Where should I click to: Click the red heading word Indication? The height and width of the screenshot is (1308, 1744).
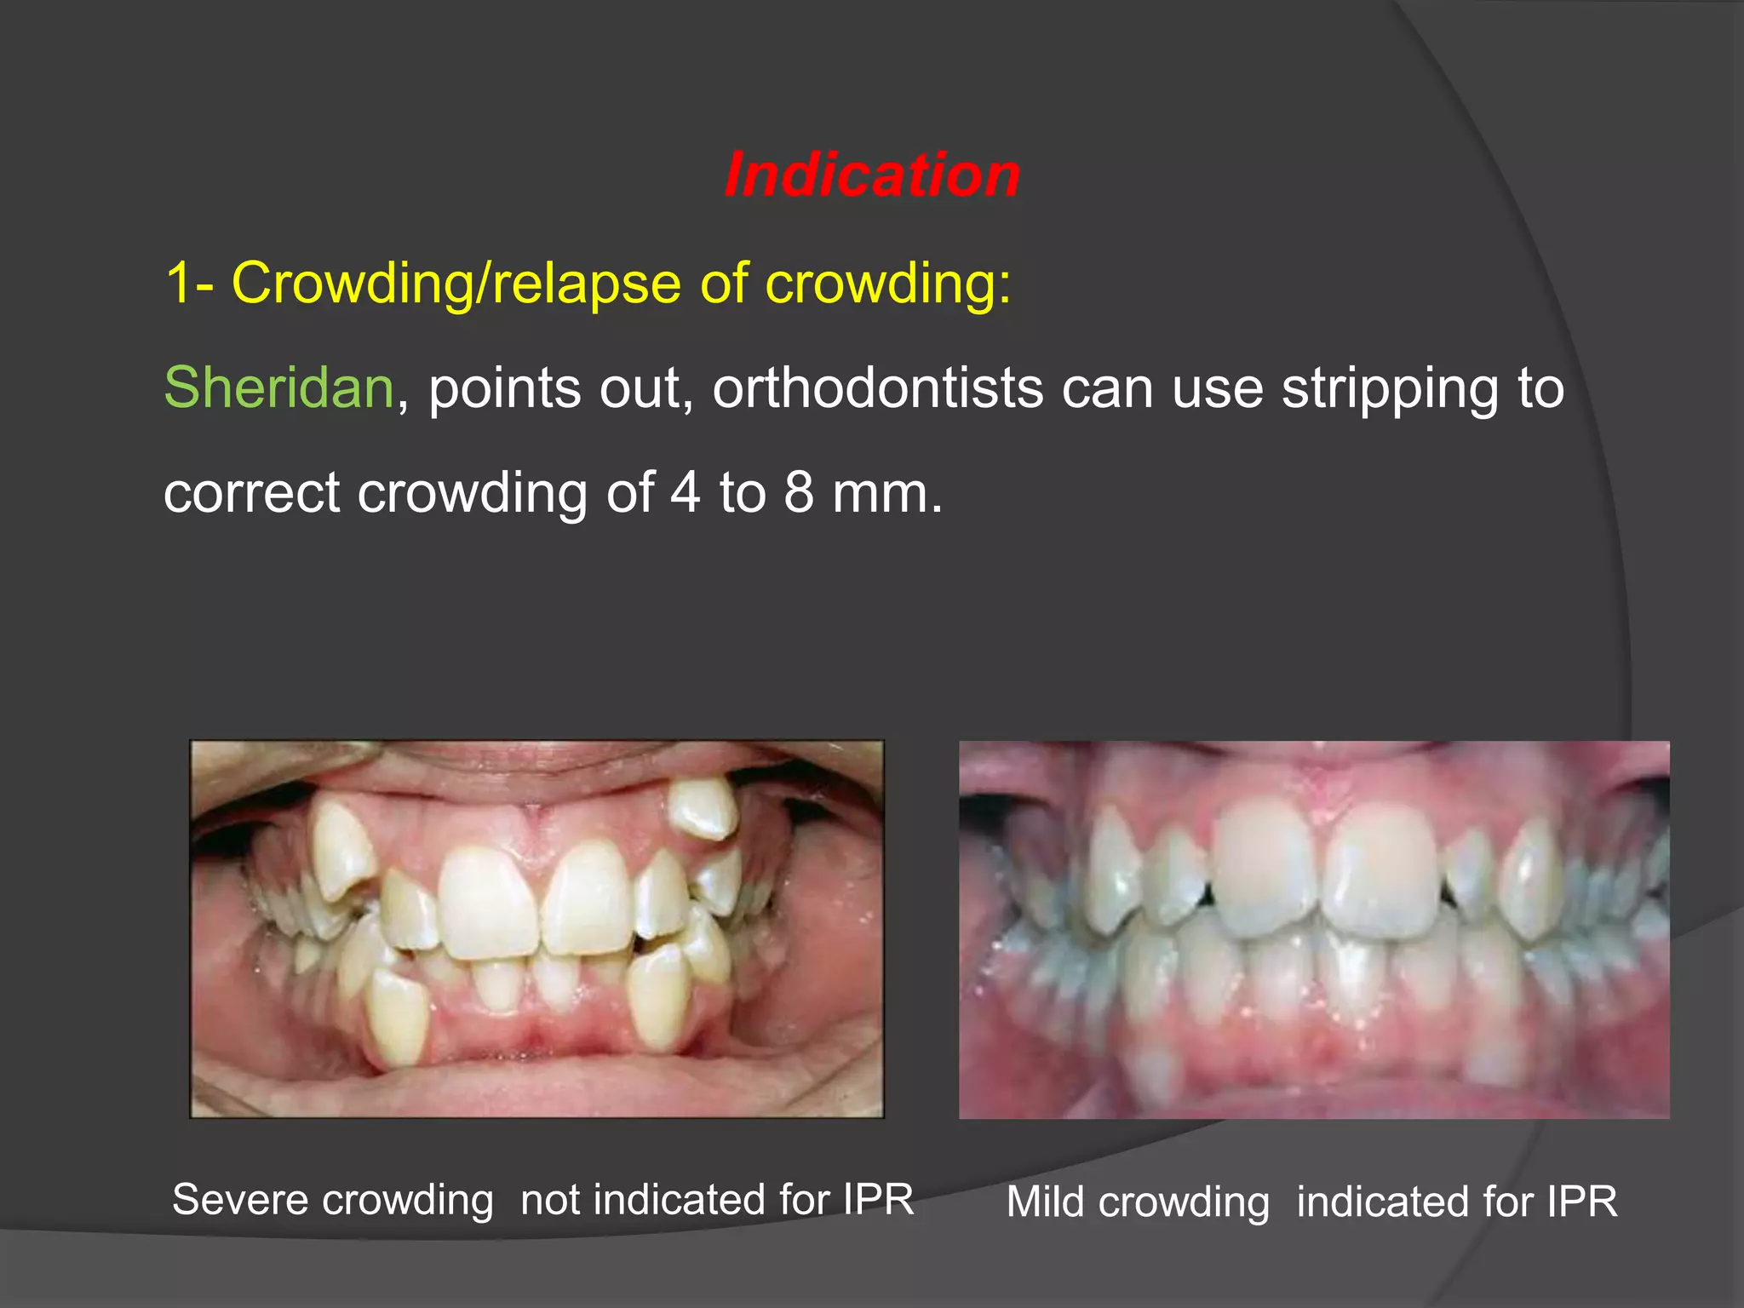tap(872, 175)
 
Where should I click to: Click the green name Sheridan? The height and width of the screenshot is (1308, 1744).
tap(278, 388)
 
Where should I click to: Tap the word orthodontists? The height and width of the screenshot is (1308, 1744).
tap(877, 388)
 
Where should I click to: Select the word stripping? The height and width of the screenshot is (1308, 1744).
tap(1390, 390)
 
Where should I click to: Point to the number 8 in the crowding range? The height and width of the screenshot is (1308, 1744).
tap(798, 493)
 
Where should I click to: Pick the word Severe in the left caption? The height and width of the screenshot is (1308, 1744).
tap(240, 1200)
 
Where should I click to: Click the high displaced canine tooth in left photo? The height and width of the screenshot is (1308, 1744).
tap(703, 808)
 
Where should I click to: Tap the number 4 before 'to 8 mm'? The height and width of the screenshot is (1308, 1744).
tap(685, 493)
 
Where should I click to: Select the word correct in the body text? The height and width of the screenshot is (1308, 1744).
tap(251, 494)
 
